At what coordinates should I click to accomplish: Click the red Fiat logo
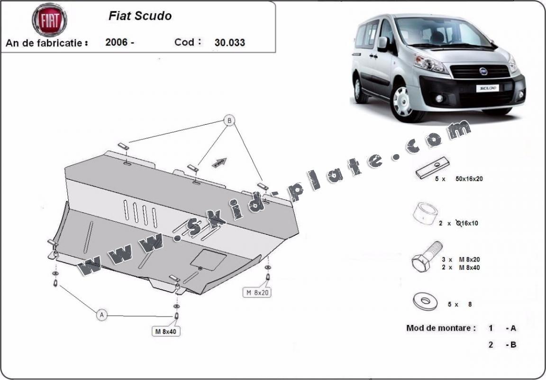click(49, 20)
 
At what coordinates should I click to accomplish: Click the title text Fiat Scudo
click(140, 16)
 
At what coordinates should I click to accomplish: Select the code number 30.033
click(230, 42)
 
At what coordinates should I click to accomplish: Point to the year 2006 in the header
click(117, 42)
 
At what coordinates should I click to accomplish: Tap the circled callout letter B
click(229, 121)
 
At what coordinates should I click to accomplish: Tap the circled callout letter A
click(101, 314)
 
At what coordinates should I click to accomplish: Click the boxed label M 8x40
click(165, 332)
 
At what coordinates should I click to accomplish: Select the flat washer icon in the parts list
click(425, 301)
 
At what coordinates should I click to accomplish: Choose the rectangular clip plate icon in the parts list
click(432, 167)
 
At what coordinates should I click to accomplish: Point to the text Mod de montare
click(441, 328)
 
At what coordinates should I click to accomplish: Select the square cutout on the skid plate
click(208, 259)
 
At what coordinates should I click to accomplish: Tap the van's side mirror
click(383, 44)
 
